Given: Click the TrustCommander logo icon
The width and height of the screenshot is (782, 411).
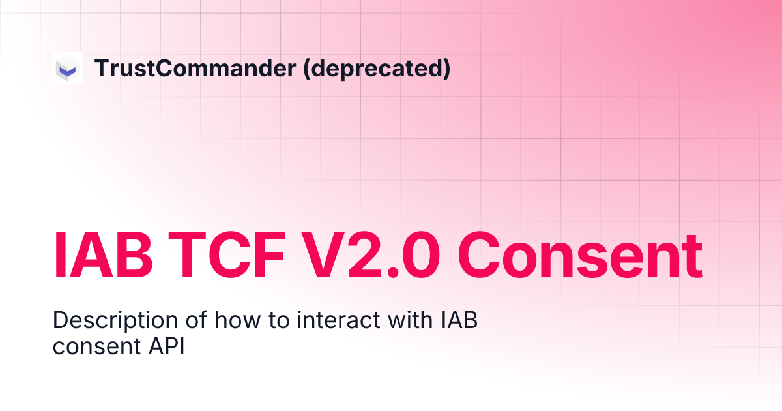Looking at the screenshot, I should (x=68, y=68).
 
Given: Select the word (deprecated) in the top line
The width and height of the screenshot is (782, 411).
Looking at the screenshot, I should (x=377, y=68).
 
